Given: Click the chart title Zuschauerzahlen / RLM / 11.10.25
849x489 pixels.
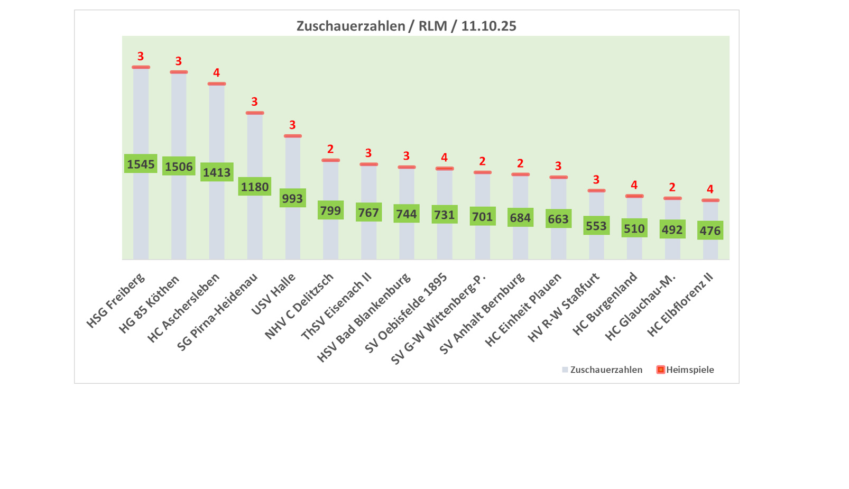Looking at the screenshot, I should (406, 26).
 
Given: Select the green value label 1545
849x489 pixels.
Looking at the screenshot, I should (141, 164).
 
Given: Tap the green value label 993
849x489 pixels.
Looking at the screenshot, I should (292, 198).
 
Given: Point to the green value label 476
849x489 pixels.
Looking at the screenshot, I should (710, 230).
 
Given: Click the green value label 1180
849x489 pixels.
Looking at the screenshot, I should (255, 187).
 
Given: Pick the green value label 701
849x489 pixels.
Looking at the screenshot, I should (482, 216).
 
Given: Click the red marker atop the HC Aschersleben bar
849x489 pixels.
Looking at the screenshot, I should (217, 84).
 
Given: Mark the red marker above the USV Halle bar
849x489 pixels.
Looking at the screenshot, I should (292, 136).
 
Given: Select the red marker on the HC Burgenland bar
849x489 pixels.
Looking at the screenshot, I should (634, 196).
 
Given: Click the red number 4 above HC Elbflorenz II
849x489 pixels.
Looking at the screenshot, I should (710, 189).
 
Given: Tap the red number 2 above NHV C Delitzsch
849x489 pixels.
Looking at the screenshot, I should (330, 149).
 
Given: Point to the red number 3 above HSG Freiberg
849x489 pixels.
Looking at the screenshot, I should (141, 56).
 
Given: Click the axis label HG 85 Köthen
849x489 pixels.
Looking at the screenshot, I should (150, 303).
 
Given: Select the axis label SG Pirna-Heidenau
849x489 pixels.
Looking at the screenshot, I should (218, 311).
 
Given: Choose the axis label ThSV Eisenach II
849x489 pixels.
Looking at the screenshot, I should (337, 306).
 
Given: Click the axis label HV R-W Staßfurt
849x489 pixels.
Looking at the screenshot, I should (564, 307).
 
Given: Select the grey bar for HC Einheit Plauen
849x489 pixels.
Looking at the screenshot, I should (558, 243).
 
